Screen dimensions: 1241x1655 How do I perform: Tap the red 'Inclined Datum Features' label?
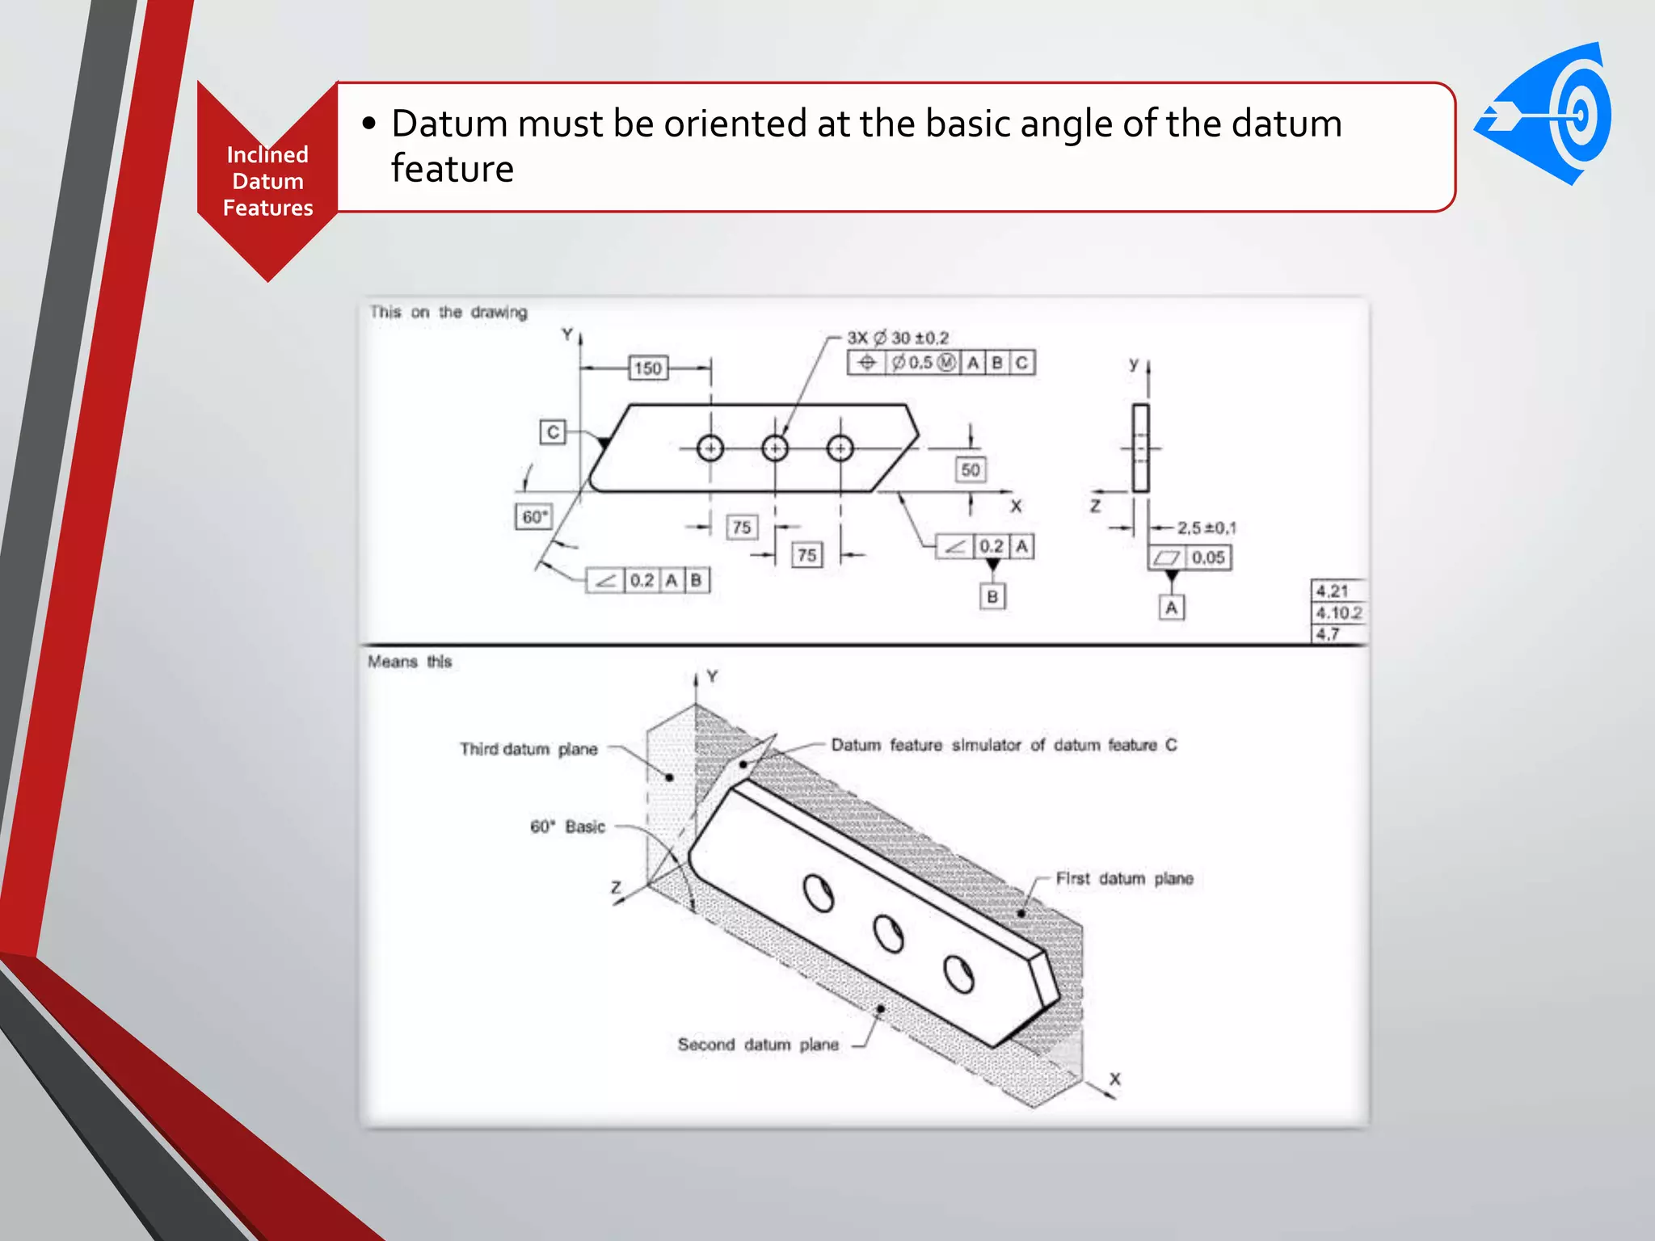coord(267,181)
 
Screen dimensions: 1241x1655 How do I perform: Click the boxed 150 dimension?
coord(648,368)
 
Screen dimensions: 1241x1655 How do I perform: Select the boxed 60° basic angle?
coord(534,516)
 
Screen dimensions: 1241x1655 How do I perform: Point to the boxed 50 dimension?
coord(971,469)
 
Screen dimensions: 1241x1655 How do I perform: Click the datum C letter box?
coord(553,431)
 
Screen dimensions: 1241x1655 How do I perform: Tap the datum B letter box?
coord(992,596)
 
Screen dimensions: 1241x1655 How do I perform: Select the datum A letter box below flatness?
coord(1171,608)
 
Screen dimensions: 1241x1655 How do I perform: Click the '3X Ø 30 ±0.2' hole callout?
coord(898,338)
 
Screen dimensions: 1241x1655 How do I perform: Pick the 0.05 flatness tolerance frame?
coord(1190,557)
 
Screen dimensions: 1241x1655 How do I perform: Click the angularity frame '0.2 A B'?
coord(648,580)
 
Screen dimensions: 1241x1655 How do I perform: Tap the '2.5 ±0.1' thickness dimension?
coord(1206,528)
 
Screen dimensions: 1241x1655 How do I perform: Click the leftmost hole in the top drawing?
coord(710,448)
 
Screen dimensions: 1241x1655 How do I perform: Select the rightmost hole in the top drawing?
coord(840,448)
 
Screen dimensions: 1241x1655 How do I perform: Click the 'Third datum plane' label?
coord(529,749)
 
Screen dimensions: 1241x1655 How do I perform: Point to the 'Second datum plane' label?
coord(758,1045)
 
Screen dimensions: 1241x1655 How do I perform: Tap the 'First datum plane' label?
coord(1124,878)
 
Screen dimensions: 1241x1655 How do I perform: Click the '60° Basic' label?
coord(567,827)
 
